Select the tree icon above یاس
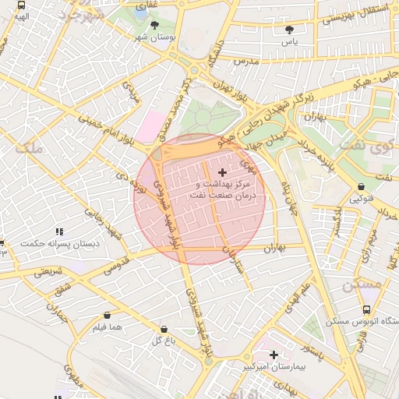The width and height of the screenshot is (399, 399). coord(290,30)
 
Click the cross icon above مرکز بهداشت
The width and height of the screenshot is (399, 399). coord(222,172)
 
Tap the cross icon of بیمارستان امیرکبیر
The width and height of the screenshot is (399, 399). coord(274,355)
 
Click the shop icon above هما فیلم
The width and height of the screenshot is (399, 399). coord(107,316)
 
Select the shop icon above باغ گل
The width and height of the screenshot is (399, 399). coord(164,329)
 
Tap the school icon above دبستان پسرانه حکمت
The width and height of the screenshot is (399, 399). coord(59,231)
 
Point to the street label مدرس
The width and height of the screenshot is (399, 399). coord(245,60)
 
